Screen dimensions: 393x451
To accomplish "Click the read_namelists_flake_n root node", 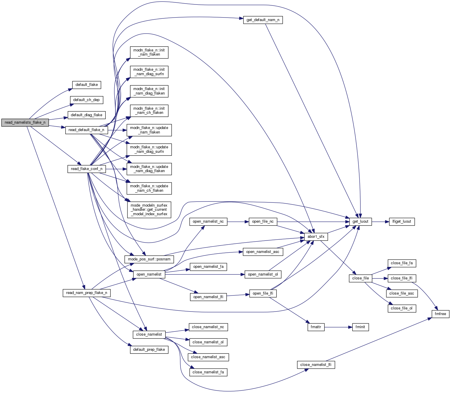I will (25, 122).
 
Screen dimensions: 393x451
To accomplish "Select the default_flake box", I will (86, 85).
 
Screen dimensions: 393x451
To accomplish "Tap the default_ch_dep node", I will (86, 100).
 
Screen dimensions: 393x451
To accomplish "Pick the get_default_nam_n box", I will (263, 20).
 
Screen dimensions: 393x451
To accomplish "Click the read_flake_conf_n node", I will (86, 169).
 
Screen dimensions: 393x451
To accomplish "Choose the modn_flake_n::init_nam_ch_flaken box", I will (149, 111).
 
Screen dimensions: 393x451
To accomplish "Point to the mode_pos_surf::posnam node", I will (149, 259).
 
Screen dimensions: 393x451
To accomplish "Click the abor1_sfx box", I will (316, 237).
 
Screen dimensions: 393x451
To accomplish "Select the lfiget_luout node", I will (402, 221).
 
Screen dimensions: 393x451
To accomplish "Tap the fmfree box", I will (440, 314).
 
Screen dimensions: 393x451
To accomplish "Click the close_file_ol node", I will (401, 308).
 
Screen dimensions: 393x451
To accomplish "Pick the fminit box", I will (360, 327).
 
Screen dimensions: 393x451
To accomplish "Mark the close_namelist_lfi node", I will (316, 365).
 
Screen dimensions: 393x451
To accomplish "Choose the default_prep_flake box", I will (149, 350).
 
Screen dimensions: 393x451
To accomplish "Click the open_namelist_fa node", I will (208, 267).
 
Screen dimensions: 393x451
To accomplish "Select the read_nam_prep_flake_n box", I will (86, 293).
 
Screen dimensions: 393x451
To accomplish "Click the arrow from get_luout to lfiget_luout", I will (380, 221).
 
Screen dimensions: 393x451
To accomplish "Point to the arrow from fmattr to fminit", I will (338, 327).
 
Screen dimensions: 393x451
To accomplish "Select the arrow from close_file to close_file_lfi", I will (380, 278).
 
